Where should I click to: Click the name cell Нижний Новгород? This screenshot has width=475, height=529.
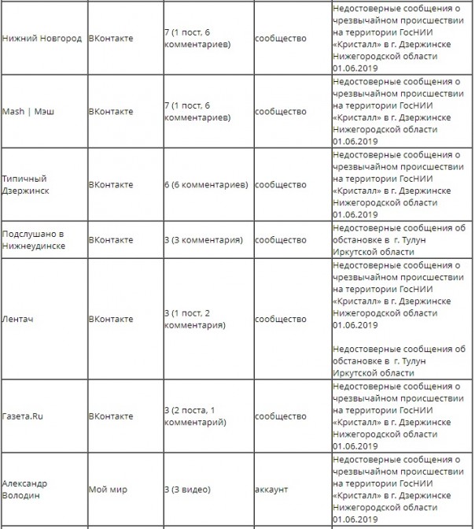(x=42, y=39)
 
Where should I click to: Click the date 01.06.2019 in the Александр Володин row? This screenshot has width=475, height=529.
(x=355, y=520)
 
